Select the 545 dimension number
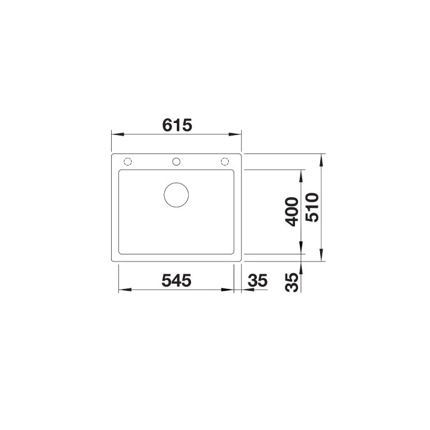[175, 281]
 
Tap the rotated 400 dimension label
[291, 211]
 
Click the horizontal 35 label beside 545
[256, 281]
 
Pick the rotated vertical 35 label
[291, 281]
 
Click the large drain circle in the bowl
[176, 193]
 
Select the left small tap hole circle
[127, 161]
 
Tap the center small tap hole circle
[176, 161]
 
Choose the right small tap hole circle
[225, 161]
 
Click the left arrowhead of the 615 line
[116, 135]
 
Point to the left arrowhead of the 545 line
[123, 290]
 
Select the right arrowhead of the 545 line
[229, 290]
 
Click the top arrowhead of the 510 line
[322, 159]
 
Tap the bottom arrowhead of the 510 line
[322, 257]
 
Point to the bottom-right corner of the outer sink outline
[241, 261]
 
